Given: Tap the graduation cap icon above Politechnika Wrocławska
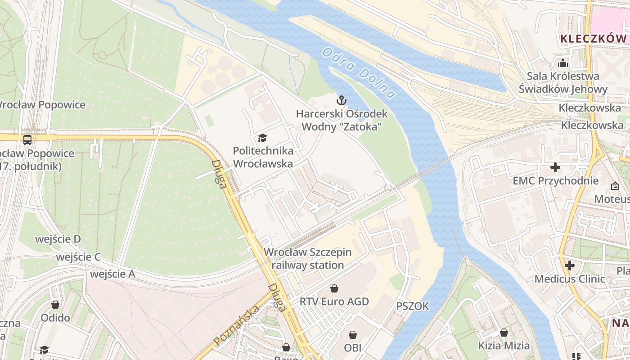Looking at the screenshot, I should [x=262, y=138].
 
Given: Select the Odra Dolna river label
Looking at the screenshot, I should [x=359, y=73].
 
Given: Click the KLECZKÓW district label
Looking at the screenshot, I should [x=593, y=39].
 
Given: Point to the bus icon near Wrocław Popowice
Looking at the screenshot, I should [x=27, y=139].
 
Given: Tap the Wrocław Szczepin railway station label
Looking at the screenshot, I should [x=308, y=259].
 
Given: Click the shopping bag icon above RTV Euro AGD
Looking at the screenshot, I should [x=334, y=288].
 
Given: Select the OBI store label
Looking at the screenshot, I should [x=353, y=347].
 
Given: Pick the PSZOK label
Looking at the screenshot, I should [x=413, y=306].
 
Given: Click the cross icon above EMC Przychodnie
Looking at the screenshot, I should [x=555, y=168].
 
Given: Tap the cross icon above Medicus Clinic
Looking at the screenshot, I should [x=570, y=265].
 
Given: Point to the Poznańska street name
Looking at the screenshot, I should [x=237, y=325].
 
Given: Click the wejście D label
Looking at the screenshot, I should [x=58, y=239].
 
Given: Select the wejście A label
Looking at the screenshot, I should [x=112, y=274].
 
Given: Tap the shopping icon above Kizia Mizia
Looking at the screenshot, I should [x=504, y=333].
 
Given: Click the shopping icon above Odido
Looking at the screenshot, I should [x=55, y=305].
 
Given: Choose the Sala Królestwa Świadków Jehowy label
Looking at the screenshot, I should [x=563, y=82].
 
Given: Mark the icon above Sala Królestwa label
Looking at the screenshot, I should [x=562, y=63].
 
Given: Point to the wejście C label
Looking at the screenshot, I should [x=78, y=257].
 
